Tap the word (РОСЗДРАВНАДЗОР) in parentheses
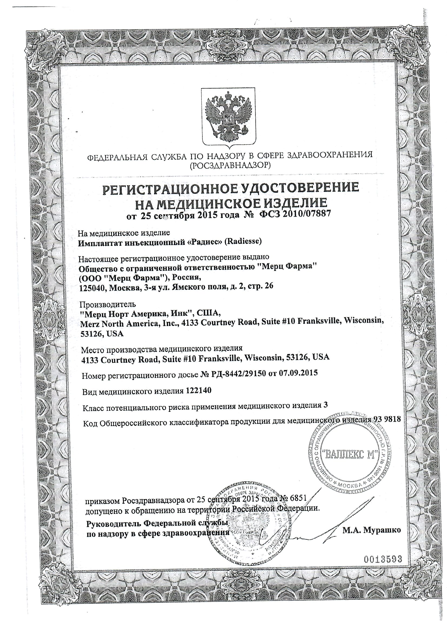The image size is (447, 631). [x=229, y=165]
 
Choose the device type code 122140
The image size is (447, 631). [x=197, y=391]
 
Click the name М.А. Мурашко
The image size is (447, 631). [x=372, y=530]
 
